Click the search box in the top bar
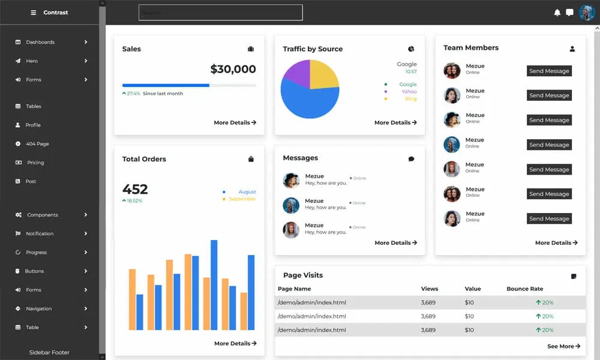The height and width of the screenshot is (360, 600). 220,13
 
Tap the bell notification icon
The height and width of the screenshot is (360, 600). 557,13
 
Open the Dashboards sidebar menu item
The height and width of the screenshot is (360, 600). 40,42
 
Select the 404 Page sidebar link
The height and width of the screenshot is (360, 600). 37,144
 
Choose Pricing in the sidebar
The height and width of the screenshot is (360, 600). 35,163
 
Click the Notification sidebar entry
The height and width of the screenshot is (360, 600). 40,233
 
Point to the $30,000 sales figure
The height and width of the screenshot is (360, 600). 233,69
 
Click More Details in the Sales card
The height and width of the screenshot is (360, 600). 235,122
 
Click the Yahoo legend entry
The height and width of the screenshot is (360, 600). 409,92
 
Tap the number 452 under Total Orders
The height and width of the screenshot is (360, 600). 135,189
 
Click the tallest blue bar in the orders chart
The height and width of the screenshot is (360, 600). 214,284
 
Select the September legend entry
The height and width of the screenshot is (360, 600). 242,199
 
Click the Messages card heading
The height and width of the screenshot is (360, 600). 301,158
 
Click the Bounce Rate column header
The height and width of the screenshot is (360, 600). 524,289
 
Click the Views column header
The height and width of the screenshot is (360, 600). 430,289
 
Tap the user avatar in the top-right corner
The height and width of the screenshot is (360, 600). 586,13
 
